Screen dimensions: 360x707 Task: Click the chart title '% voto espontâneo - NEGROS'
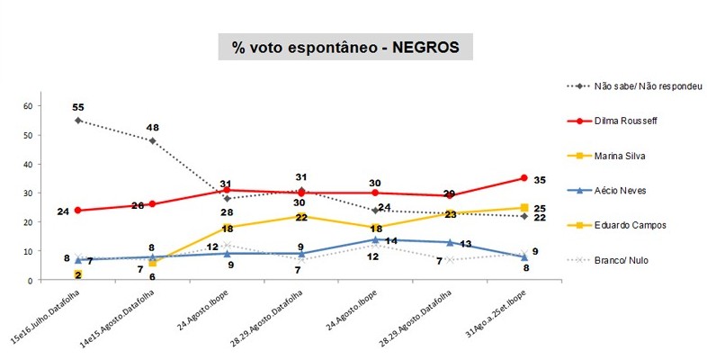click(345, 48)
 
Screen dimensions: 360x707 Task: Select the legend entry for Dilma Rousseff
click(631, 121)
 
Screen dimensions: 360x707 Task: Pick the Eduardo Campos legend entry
click(631, 226)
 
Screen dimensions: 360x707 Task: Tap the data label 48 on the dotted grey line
click(154, 127)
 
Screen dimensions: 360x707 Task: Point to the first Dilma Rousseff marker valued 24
click(78, 211)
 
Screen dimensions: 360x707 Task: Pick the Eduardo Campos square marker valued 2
click(78, 274)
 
